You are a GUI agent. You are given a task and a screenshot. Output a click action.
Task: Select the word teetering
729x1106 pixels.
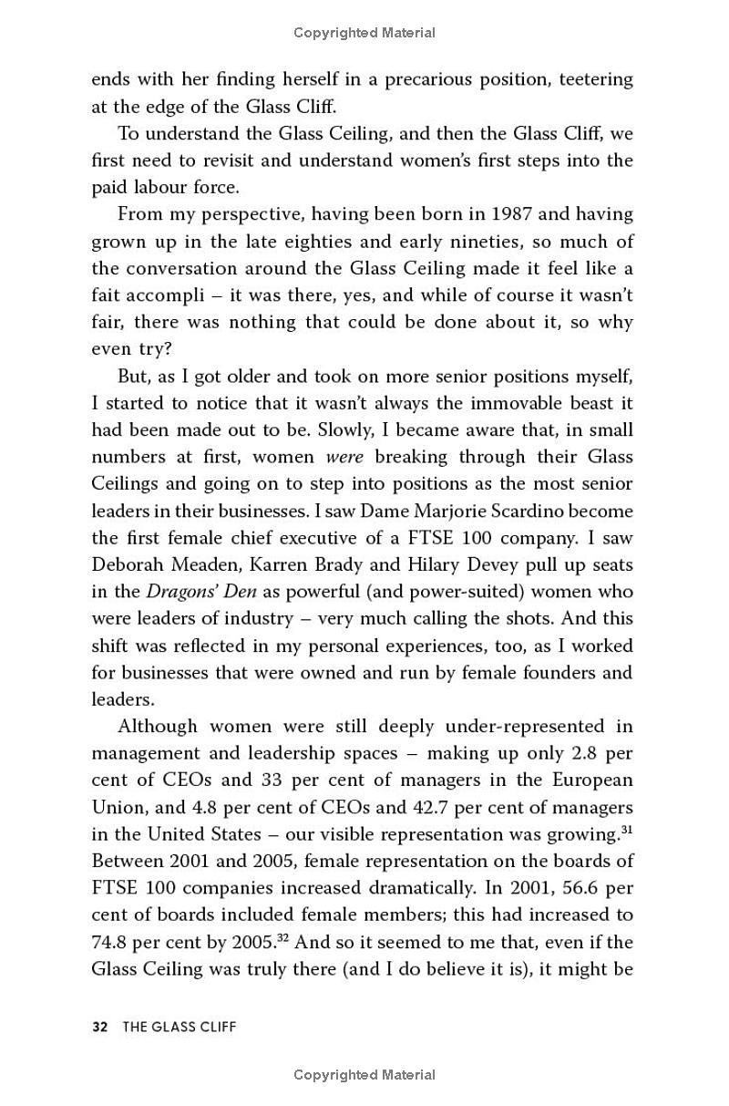click(592, 79)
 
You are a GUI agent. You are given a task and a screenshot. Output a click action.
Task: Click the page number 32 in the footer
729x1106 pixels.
click(100, 1028)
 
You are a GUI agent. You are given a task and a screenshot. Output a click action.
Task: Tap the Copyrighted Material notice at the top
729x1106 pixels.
click(364, 33)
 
